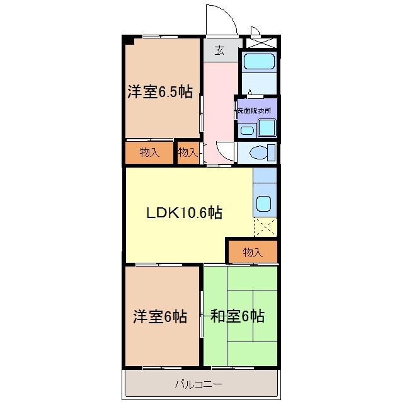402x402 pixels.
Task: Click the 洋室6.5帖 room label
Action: point(159,92)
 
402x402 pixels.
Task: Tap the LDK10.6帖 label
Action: point(184,213)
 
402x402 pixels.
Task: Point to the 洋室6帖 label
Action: point(159,316)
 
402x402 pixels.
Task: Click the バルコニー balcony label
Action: point(199,383)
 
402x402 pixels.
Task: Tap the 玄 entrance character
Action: point(219,51)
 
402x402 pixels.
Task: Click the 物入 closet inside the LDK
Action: point(253,253)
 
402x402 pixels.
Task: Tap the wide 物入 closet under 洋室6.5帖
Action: point(149,152)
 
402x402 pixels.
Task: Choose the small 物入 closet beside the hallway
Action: point(188,152)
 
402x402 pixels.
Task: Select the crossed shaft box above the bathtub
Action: point(260,44)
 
